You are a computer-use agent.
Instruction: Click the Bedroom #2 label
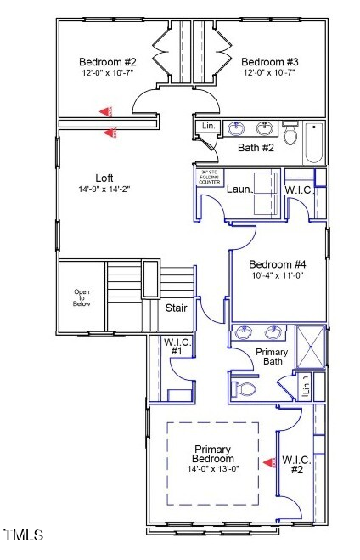point(108,61)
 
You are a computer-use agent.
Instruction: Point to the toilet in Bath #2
point(290,133)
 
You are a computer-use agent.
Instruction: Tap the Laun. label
point(240,189)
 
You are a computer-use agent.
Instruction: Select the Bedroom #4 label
point(278,264)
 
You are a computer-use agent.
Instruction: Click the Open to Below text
point(82,297)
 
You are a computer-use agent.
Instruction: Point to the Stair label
point(176,308)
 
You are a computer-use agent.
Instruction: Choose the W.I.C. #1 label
point(177,346)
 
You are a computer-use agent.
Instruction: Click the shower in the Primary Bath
point(312,346)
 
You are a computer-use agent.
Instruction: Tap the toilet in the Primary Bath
point(245,389)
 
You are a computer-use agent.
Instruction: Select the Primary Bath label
point(272,357)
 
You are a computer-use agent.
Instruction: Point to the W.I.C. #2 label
point(297,464)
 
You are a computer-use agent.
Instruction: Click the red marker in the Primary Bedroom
point(270,463)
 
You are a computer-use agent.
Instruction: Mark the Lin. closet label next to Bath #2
point(208,126)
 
